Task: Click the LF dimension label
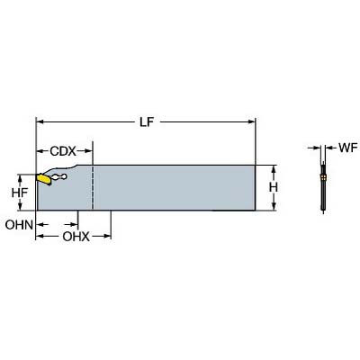click(147, 121)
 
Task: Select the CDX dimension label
click(63, 151)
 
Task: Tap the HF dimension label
click(20, 193)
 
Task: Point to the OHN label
click(19, 225)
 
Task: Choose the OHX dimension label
click(76, 237)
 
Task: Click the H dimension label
click(274, 188)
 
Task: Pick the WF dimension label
click(348, 148)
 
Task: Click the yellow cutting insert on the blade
click(43, 179)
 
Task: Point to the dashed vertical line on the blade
click(93, 187)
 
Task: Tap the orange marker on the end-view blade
click(323, 177)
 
